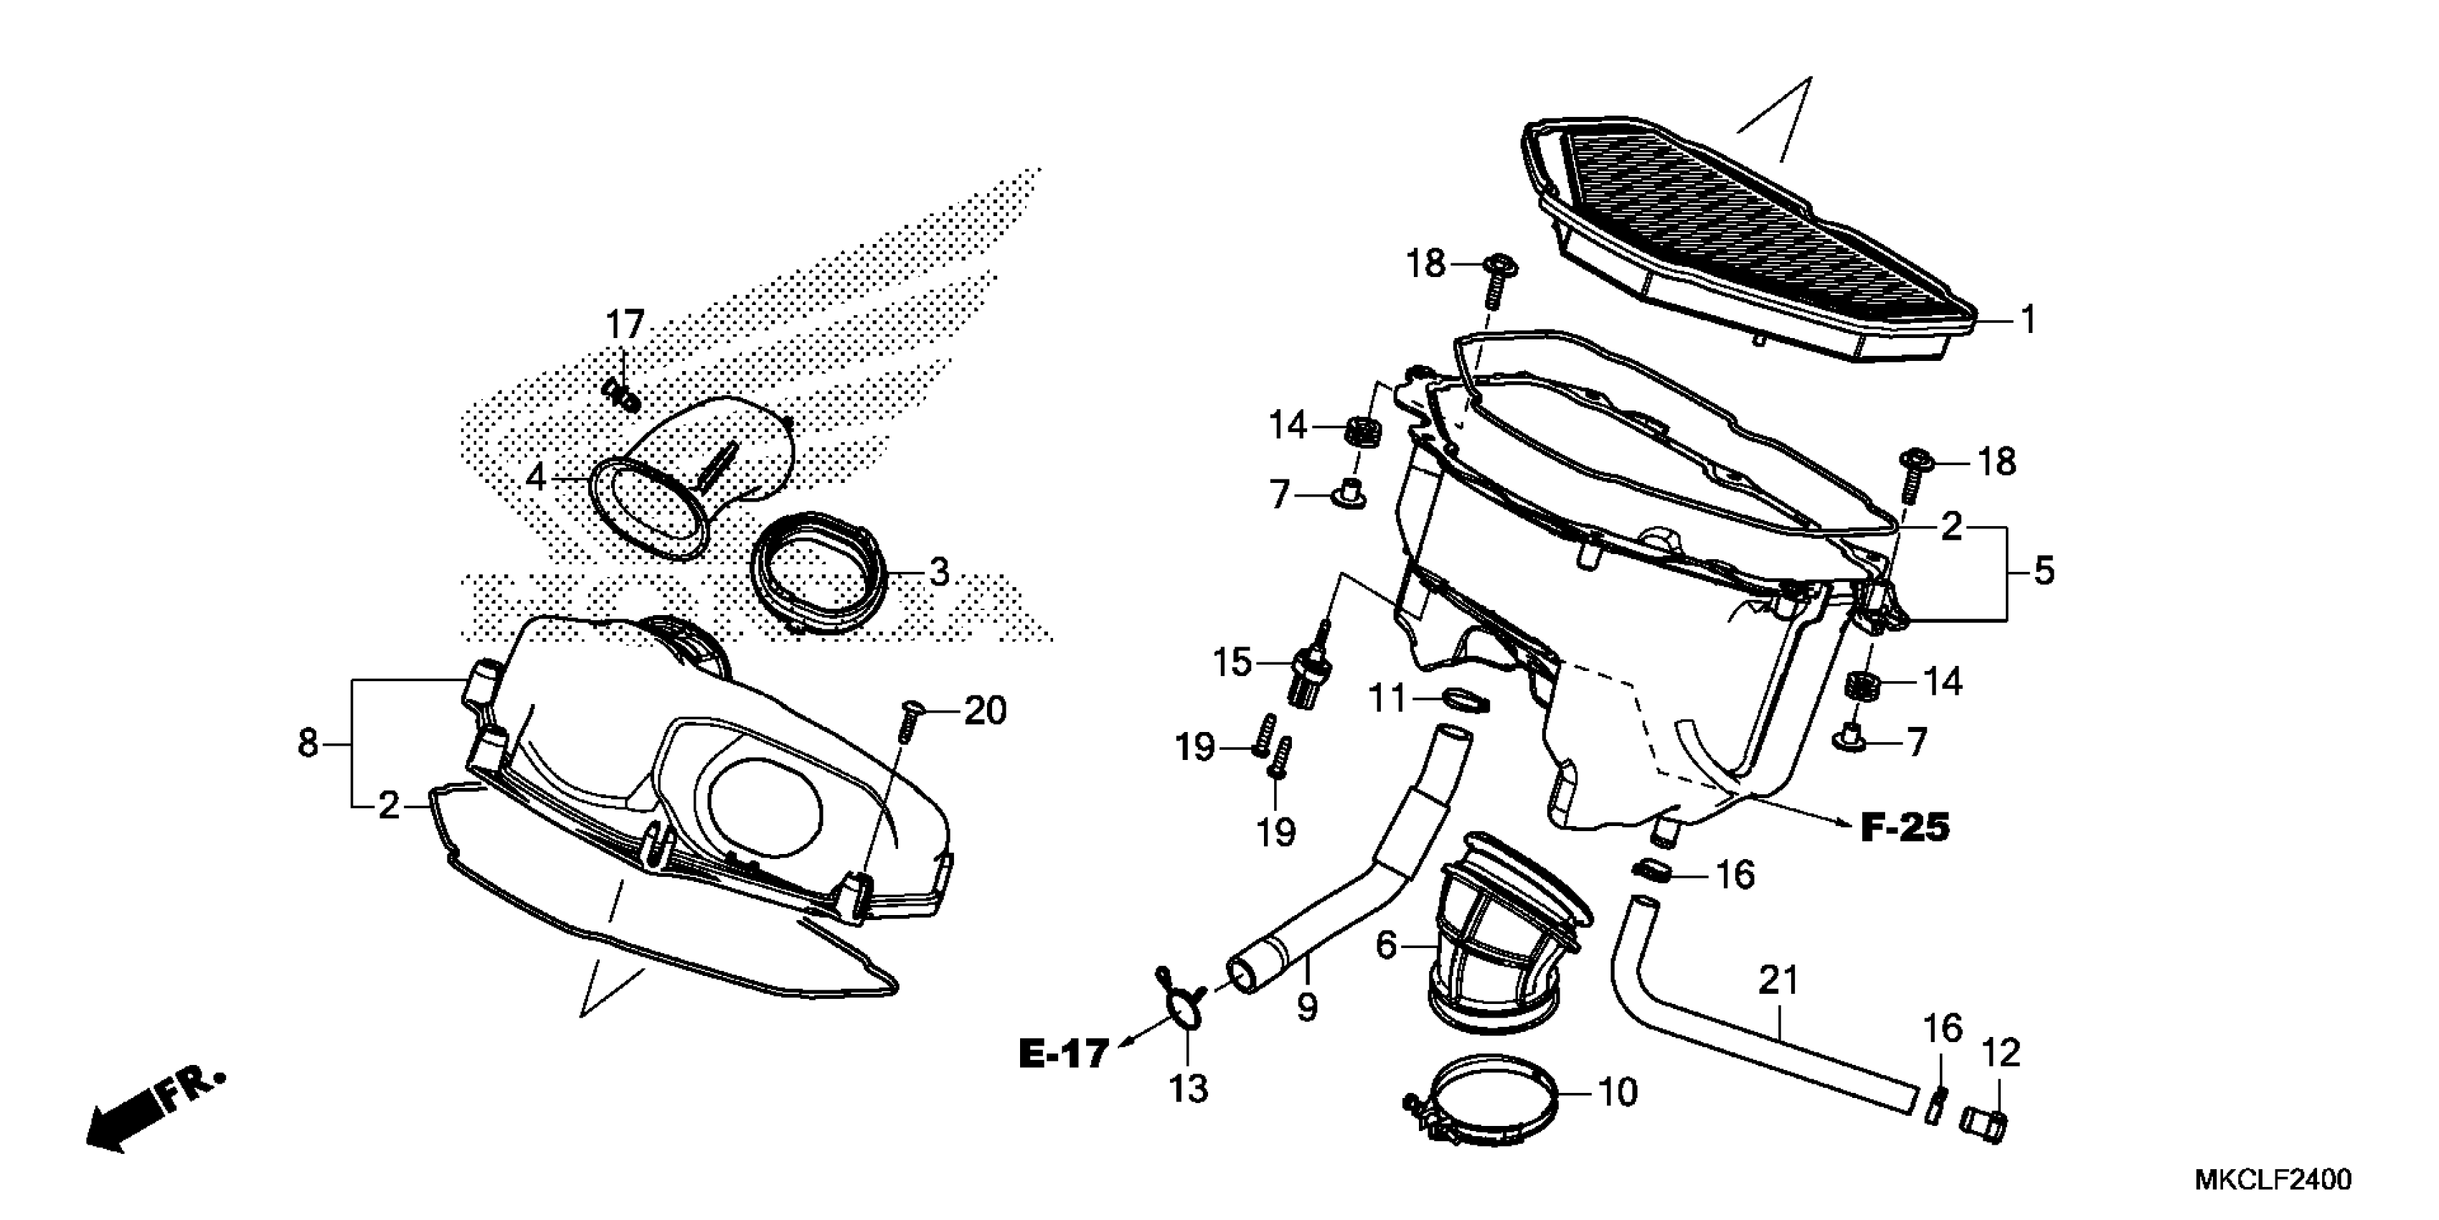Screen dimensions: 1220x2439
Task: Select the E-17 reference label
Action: [x=1062, y=1054]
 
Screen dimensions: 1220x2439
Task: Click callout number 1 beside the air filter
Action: [x=2027, y=320]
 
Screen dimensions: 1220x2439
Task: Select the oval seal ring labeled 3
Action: [x=820, y=572]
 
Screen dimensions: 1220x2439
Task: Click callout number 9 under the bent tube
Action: [x=1306, y=1008]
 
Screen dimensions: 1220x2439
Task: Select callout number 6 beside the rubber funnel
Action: [x=1386, y=944]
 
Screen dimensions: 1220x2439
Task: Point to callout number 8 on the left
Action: [x=308, y=743]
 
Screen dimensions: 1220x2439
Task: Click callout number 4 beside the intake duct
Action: [x=536, y=477]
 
